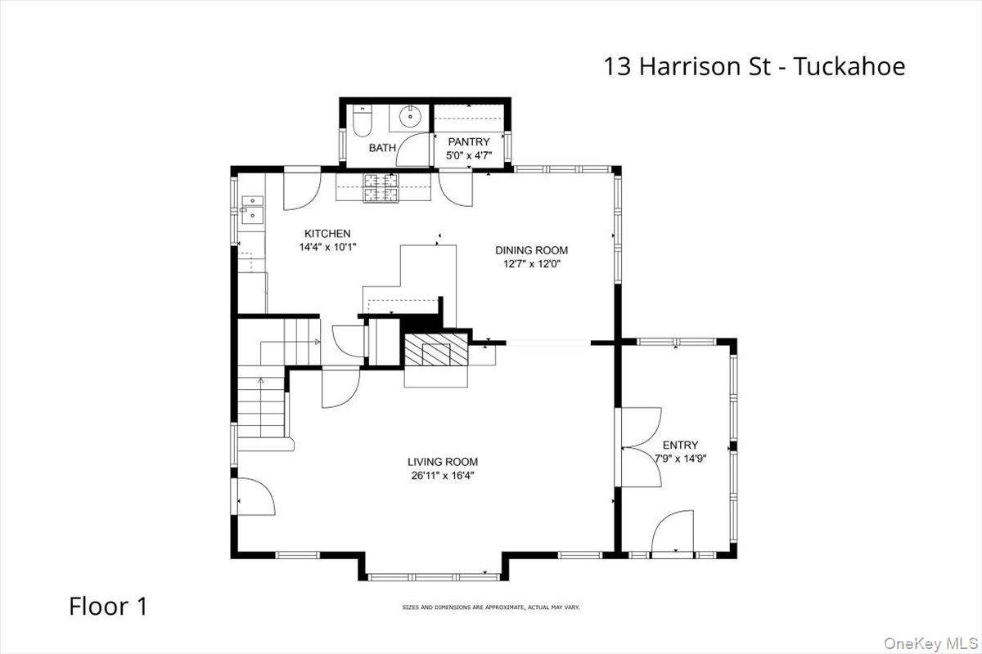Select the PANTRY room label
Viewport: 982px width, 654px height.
pos(469,142)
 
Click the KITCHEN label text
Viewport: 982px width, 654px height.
pos(327,234)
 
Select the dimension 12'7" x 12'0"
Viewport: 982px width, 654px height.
pos(531,264)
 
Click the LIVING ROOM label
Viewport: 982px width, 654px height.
pos(445,462)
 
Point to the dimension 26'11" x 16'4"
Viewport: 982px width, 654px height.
pos(445,476)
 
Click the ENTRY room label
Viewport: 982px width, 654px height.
pos(680,445)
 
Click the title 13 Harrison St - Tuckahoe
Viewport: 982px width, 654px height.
pos(754,66)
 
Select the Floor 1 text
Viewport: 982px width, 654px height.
pos(108,607)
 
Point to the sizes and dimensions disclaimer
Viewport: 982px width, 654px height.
pos(490,607)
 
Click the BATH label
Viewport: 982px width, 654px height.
pos(382,148)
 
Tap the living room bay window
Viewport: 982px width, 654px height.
pos(433,577)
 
